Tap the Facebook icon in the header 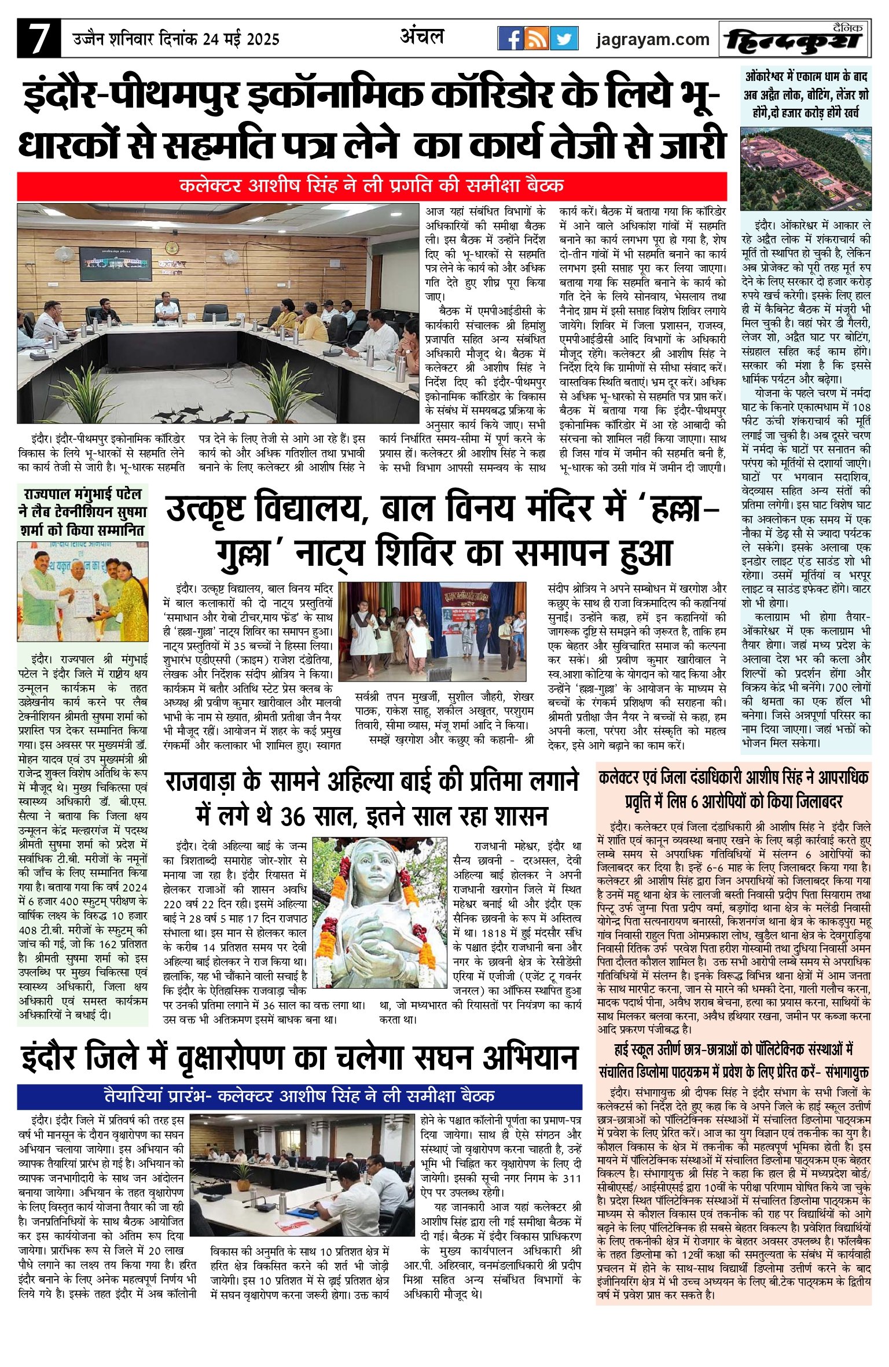point(510,39)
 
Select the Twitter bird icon point(564,39)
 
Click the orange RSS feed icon point(537,39)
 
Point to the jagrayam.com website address point(653,39)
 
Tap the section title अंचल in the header point(422,37)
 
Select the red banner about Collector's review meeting point(372,186)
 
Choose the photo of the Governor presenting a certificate point(82,592)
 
